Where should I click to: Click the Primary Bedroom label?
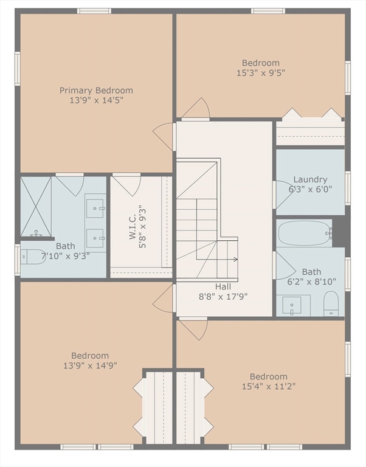(x=96, y=90)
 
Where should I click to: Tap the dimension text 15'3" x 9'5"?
(x=261, y=73)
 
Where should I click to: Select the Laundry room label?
(x=310, y=179)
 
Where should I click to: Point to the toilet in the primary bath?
(x=33, y=257)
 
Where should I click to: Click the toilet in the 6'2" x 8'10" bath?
(x=331, y=303)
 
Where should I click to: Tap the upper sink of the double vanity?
(x=95, y=208)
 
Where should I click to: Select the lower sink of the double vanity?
(x=95, y=238)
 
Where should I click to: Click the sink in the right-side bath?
(x=292, y=305)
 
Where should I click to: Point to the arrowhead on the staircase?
(x=236, y=260)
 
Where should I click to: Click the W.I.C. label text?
(x=133, y=227)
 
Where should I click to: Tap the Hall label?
(x=223, y=287)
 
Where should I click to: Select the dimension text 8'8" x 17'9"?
(x=223, y=297)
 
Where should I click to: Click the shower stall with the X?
(x=36, y=207)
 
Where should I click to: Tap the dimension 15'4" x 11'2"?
(x=269, y=386)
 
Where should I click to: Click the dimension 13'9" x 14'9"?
(x=90, y=365)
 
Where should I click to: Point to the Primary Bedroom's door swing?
(x=163, y=137)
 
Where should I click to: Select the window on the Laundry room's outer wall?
(x=348, y=189)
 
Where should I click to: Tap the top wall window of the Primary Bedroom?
(x=94, y=11)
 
